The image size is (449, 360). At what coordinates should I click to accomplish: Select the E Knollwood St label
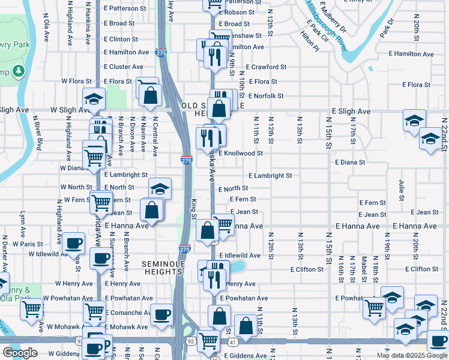coord(241,153)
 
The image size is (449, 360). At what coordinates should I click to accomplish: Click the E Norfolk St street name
coord(262,96)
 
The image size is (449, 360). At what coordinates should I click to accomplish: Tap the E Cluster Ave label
coord(123,67)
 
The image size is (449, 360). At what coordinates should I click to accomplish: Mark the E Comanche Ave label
coord(128,313)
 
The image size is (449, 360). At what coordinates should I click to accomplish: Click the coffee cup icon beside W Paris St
coord(74,243)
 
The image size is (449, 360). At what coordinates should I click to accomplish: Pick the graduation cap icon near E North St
coord(159,188)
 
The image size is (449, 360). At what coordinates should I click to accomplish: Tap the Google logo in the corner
coord(20,353)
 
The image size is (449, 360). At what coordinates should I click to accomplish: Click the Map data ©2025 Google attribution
coord(411,355)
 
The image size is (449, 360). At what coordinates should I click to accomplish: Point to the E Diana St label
coord(350,162)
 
